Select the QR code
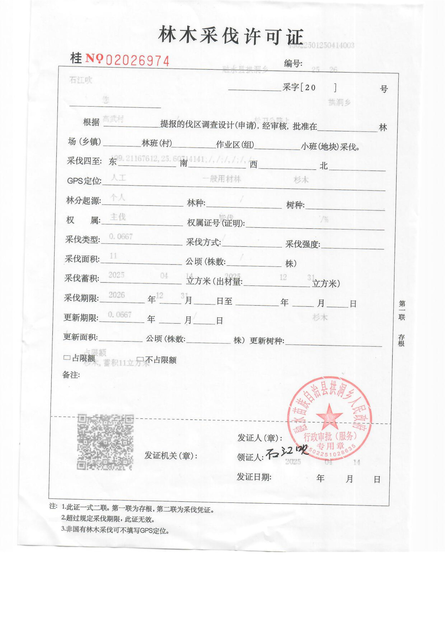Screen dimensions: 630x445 [x=105, y=442]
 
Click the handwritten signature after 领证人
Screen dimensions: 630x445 [x=286, y=453]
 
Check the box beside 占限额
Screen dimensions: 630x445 [x=67, y=358]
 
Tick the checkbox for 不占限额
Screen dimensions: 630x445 [x=140, y=359]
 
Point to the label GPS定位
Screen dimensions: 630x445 [x=84, y=181]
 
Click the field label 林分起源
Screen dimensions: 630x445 [x=83, y=201]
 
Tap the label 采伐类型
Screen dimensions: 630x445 [x=82, y=240]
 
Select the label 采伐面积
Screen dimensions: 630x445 [x=82, y=259]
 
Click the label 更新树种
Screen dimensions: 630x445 [x=267, y=341]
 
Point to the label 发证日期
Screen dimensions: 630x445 [x=254, y=477]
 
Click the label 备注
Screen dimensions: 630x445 [x=71, y=375]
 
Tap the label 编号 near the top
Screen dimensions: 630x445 [x=293, y=64]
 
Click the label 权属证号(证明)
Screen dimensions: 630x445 [x=216, y=223]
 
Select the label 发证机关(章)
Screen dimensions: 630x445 [x=171, y=455]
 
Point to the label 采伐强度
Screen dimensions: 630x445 [x=303, y=244]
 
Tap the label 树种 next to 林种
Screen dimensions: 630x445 [x=295, y=205]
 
